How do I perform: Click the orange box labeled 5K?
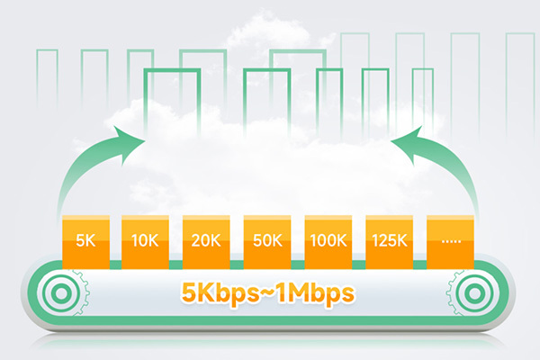85,240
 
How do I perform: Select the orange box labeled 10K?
146,240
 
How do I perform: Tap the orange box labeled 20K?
207,240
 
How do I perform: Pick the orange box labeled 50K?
267,240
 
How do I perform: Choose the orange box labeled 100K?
328,240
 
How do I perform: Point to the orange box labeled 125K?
390,240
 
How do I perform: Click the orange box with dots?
451,240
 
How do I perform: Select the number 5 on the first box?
80,241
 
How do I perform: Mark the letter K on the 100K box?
343,241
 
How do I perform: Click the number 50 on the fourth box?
262,241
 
